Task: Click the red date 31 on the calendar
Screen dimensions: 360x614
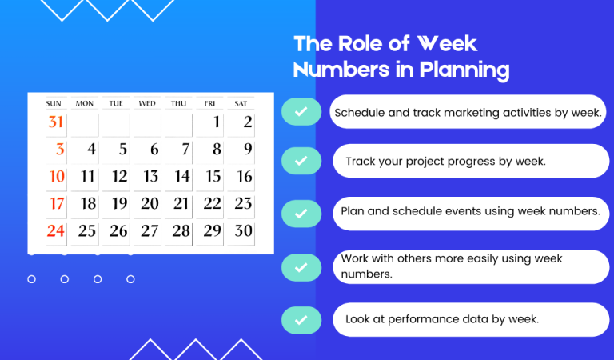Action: (55, 122)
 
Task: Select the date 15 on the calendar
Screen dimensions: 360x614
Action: (213, 177)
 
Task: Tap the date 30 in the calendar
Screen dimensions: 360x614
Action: (243, 231)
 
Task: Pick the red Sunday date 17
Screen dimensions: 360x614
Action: (56, 204)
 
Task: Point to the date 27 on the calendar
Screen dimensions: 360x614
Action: (150, 231)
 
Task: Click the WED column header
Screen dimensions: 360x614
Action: (147, 103)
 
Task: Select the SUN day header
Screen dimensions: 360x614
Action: (54, 103)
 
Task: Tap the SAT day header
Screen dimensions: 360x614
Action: (241, 103)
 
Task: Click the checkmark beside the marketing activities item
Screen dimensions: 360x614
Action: (301, 113)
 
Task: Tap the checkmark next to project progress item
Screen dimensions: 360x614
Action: (301, 161)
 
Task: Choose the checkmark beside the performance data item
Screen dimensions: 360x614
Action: (301, 319)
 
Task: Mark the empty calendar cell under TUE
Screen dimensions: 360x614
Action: (116, 123)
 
